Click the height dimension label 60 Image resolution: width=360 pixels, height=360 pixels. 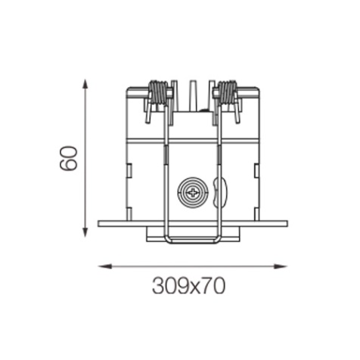tap(68, 158)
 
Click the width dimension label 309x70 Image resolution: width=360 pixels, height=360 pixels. tap(188, 286)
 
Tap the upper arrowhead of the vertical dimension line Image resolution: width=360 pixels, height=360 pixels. tap(85, 84)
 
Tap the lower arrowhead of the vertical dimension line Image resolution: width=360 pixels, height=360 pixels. tap(85, 232)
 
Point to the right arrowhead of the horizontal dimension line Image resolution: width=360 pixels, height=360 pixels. tap(281, 266)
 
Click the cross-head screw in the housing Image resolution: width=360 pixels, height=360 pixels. tap(193, 193)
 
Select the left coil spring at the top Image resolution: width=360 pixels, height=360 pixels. tap(158, 92)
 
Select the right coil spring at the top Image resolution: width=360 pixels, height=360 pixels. tap(228, 92)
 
